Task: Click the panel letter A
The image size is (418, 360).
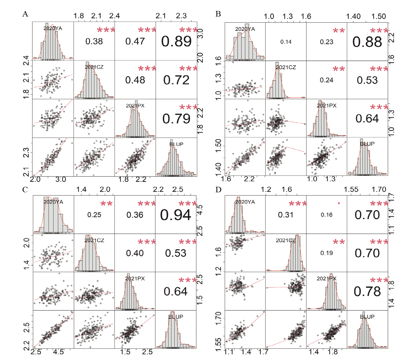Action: (x=25, y=14)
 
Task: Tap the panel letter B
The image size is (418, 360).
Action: (x=218, y=14)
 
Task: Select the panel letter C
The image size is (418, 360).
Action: (x=25, y=190)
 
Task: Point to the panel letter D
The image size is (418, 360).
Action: (x=218, y=190)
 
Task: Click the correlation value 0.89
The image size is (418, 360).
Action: (x=176, y=42)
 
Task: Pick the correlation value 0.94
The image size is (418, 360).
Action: (x=176, y=215)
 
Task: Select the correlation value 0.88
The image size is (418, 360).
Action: (x=367, y=42)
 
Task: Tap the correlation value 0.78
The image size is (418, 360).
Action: (x=367, y=291)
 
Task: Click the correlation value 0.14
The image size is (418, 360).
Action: (x=286, y=42)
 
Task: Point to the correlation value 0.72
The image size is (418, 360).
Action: (x=176, y=80)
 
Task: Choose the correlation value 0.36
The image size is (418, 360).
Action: (x=135, y=215)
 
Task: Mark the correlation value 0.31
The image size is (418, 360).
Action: (x=286, y=215)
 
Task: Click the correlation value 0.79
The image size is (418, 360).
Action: (x=176, y=119)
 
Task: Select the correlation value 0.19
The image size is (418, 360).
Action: (x=327, y=253)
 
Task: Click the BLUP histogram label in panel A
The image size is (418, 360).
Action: (x=176, y=144)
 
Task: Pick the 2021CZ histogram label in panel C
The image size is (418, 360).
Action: (x=94, y=240)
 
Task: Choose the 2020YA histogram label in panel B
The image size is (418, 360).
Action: (x=245, y=29)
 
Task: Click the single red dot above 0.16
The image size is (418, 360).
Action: (x=339, y=203)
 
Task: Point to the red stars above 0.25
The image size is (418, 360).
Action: (x=106, y=204)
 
